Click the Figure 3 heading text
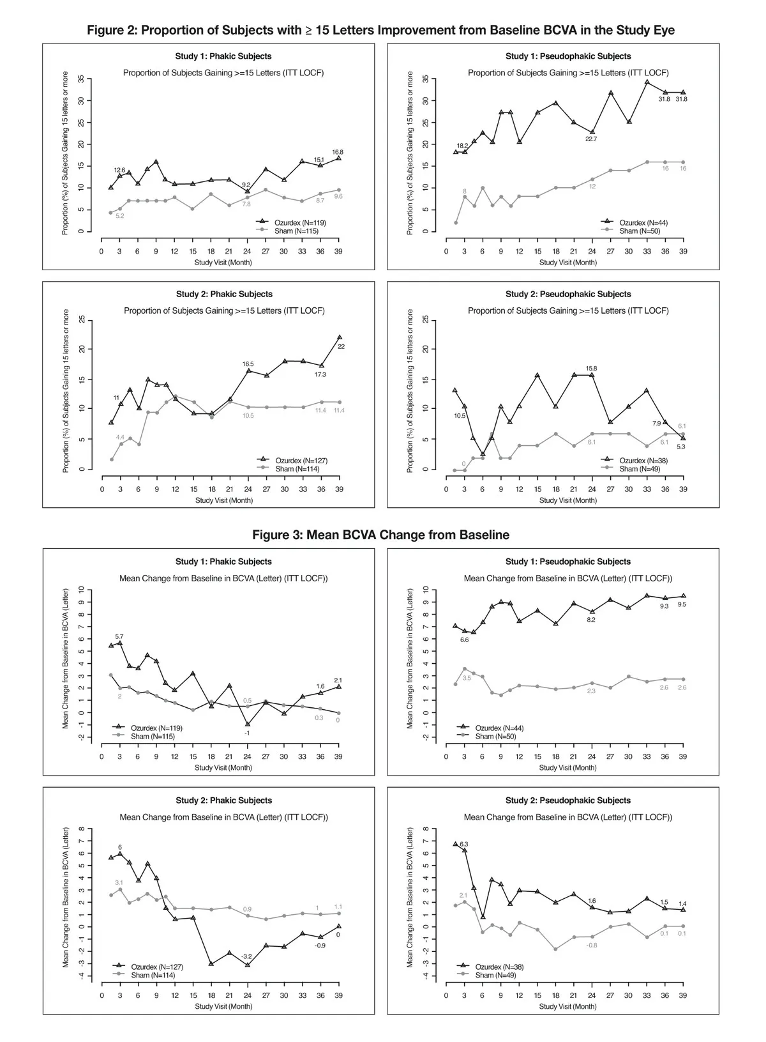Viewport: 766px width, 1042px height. pos(380,535)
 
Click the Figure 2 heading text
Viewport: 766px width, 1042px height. pos(380,30)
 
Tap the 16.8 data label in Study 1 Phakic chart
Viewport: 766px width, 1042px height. pos(338,152)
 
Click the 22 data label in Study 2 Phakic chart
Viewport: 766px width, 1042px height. pos(341,346)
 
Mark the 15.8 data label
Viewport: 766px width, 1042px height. pos(591,369)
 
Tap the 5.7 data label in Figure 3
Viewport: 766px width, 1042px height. pos(119,636)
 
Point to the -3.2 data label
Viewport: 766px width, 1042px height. pos(247,956)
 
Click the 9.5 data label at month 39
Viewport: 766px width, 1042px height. pos(682,604)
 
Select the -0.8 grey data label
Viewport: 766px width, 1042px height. pos(591,945)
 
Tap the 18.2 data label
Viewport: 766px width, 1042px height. pos(462,146)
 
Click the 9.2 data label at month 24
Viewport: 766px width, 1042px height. pos(246,185)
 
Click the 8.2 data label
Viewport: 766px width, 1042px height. pos(591,620)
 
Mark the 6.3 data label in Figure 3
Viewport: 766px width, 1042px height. pos(464,844)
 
